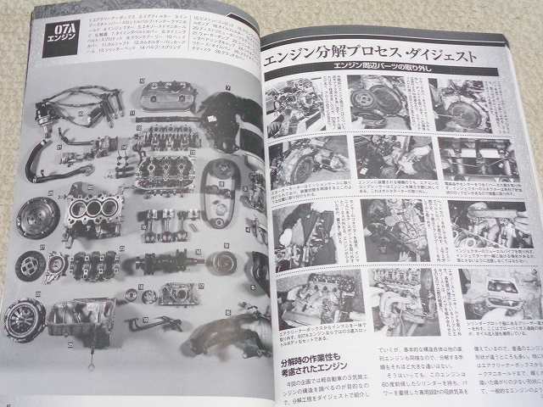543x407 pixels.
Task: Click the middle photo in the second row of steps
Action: pos(391,159)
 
